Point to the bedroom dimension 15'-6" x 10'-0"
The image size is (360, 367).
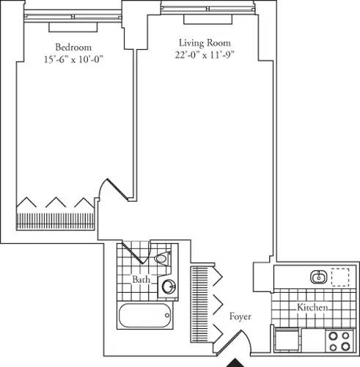(73, 61)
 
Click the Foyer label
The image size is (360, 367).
(240, 317)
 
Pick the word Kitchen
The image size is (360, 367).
(313, 308)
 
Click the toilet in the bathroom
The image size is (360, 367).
(162, 258)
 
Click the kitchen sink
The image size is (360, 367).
(318, 277)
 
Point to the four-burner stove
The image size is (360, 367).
(338, 340)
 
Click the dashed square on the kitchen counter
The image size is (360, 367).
(339, 277)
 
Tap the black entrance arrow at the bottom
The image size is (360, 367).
(236, 361)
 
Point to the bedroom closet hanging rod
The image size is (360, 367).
(56, 220)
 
